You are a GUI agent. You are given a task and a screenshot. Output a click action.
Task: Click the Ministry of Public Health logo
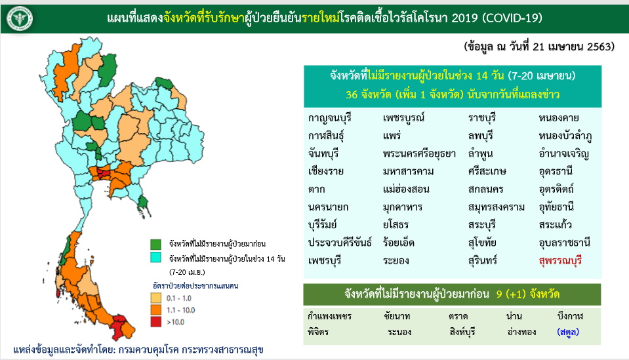19,18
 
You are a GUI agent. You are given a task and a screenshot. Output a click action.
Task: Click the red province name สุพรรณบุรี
560,261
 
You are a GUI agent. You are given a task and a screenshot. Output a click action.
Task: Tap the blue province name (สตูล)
568,332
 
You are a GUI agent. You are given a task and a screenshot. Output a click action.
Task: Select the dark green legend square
155,244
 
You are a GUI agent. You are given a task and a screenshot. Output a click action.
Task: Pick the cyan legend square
155,257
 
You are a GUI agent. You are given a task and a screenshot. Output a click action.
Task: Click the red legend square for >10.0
155,322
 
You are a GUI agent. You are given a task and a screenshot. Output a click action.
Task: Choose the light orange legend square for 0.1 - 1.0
155,298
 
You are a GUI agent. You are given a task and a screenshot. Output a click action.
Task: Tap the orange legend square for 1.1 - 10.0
155,310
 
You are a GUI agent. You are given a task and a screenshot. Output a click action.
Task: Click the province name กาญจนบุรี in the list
330,118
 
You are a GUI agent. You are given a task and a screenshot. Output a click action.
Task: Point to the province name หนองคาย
559,118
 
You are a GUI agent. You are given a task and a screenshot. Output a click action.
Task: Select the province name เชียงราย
326,171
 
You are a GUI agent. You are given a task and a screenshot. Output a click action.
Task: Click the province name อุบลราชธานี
565,243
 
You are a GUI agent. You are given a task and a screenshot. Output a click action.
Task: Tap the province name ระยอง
396,261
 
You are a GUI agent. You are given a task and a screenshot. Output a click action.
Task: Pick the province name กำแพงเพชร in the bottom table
330,316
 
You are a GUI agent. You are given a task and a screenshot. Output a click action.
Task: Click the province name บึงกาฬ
570,316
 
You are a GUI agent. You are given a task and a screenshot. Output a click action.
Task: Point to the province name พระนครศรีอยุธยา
419,154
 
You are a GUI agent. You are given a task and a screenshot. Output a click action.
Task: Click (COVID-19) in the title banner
512,18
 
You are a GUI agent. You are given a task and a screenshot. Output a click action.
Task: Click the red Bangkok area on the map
103,173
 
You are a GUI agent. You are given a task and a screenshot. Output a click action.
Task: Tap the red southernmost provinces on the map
119,325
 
